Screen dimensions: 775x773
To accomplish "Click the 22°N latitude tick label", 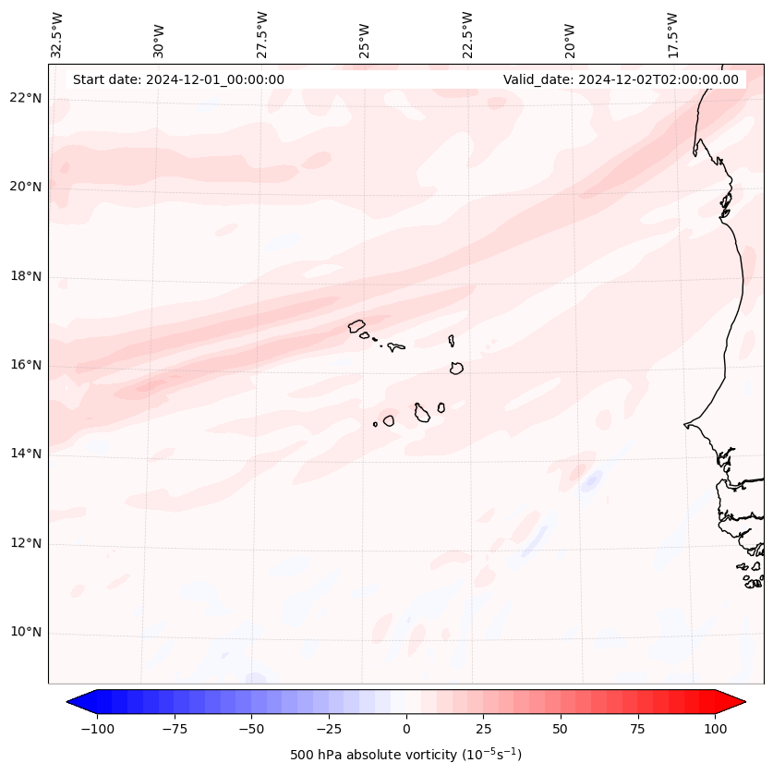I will coord(27,99).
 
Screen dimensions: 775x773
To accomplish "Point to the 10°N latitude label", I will coord(27,633).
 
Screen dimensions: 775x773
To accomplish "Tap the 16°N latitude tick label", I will coord(27,365).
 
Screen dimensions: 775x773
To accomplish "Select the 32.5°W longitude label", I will coord(57,34).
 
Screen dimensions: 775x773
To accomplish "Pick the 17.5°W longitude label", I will coord(672,34).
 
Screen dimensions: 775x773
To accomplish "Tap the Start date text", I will coord(178,79).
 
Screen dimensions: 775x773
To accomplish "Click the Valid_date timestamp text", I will coord(621,79).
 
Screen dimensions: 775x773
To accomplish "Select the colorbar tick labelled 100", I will coord(715,729).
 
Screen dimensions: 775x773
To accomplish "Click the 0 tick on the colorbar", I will coord(406,729).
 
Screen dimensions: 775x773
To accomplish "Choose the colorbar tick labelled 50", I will coord(561,729).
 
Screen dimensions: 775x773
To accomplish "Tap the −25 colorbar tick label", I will coord(329,729).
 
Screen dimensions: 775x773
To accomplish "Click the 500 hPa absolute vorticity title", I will coord(405,755).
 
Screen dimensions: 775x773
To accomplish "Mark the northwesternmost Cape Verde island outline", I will coord(356,325).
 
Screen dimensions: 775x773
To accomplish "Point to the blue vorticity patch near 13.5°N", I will coord(591,480).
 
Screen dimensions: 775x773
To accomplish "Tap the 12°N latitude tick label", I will coord(27,544).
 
